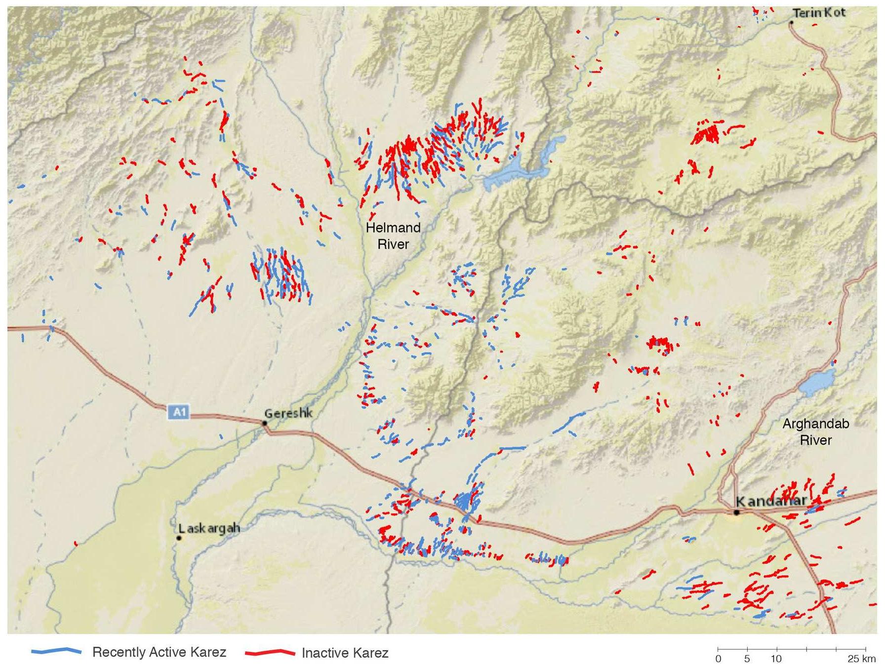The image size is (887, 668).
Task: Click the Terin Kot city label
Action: (x=819, y=13)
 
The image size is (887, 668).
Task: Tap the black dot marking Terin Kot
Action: (x=791, y=23)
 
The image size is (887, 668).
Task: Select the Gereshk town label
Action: (x=288, y=413)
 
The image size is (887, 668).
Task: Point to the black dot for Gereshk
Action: (x=265, y=423)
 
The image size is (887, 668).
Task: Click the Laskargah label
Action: (x=209, y=528)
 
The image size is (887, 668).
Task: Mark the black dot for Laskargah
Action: (x=179, y=538)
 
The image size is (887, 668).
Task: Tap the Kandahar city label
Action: (x=771, y=501)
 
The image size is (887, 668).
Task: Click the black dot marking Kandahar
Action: (x=736, y=512)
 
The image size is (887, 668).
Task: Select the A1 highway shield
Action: (x=179, y=412)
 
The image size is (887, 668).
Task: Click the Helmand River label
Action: (x=393, y=236)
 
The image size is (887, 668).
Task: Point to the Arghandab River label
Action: (x=815, y=432)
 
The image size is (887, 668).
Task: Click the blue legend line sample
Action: (x=56, y=652)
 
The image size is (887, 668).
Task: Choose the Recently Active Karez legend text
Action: (x=159, y=652)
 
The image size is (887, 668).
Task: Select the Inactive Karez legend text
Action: (x=345, y=653)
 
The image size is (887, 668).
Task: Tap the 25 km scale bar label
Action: (x=861, y=659)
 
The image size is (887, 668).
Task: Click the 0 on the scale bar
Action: (x=718, y=659)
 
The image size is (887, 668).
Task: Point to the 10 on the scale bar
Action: (x=776, y=659)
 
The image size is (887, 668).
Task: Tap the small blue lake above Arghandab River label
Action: (x=817, y=382)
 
